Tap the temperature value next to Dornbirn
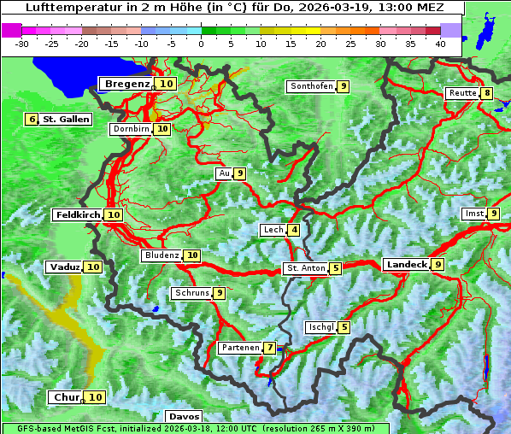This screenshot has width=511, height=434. pyautogui.click(x=162, y=129)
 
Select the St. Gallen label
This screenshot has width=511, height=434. pyautogui.click(x=66, y=120)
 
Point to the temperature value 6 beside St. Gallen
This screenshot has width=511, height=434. pyautogui.click(x=32, y=120)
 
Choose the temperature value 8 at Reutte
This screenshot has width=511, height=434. pyautogui.click(x=487, y=93)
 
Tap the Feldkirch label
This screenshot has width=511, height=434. pyautogui.click(x=78, y=215)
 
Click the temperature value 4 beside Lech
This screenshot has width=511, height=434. pyautogui.click(x=294, y=230)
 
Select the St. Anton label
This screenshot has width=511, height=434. pyautogui.click(x=306, y=268)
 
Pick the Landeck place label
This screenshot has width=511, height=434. pyautogui.click(x=406, y=265)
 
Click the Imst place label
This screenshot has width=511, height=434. pyautogui.click(x=473, y=214)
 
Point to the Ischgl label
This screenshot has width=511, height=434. pyautogui.click(x=320, y=327)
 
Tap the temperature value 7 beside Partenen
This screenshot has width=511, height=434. pyautogui.click(x=269, y=348)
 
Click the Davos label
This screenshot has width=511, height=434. pyautogui.click(x=184, y=416)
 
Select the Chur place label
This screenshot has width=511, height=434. pyautogui.click(x=66, y=397)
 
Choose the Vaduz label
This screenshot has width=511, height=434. pyautogui.click(x=65, y=267)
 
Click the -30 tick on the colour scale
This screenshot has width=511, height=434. pyautogui.click(x=22, y=43)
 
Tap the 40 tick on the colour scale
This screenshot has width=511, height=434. pyautogui.click(x=440, y=43)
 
